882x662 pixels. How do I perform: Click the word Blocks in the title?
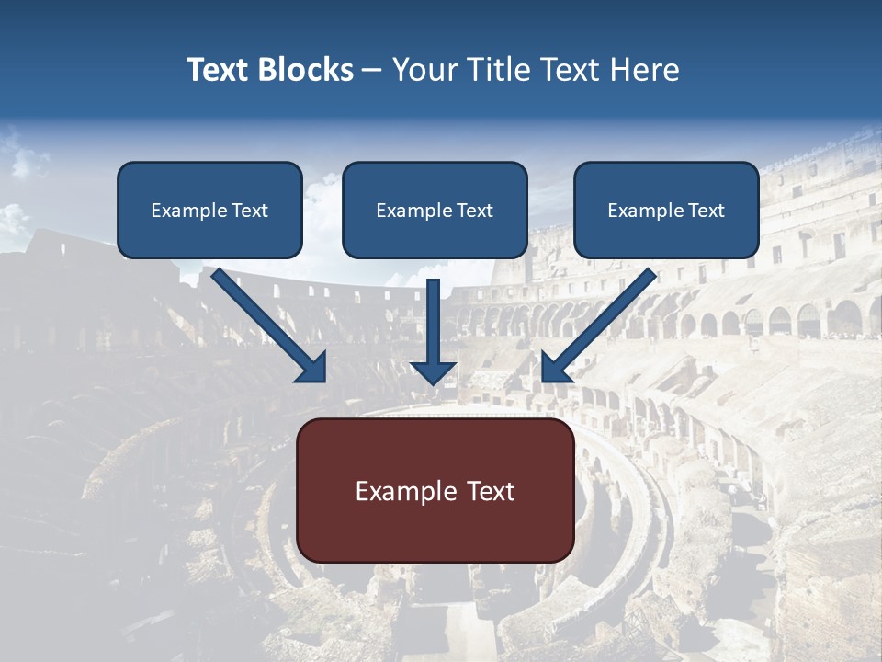pos(308,70)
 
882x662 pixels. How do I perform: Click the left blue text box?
pos(209,210)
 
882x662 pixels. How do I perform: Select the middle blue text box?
pos(435,210)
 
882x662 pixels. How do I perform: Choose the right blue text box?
pos(666,210)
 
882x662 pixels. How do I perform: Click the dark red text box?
pos(435,490)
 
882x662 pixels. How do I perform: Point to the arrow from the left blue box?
pos(266,324)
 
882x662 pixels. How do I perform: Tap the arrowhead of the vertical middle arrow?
pos(434,372)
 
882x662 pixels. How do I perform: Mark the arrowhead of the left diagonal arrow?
pos(312,367)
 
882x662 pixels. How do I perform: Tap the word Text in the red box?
pos(492,491)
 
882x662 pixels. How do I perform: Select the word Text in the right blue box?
pos(706,211)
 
